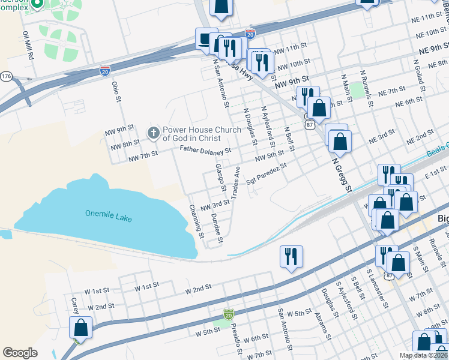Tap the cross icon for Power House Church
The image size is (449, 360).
click(x=154, y=133)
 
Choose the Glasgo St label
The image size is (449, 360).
click(x=221, y=178)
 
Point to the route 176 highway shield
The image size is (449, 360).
click(x=6, y=76)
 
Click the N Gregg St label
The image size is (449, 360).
click(x=340, y=173)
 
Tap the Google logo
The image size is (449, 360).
click(x=20, y=353)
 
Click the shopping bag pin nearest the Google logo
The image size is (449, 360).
click(x=80, y=328)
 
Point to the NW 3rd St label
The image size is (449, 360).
click(x=215, y=205)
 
